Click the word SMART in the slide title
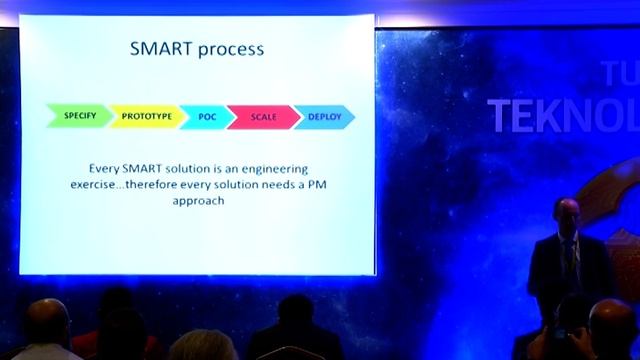coord(161,47)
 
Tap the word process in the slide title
coord(231,48)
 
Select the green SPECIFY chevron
coord(80,116)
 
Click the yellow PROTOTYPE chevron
coord(146,116)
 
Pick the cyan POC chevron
coord(206,116)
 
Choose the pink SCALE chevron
coord(263,116)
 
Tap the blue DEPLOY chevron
coord(324,116)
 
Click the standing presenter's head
coord(567,212)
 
